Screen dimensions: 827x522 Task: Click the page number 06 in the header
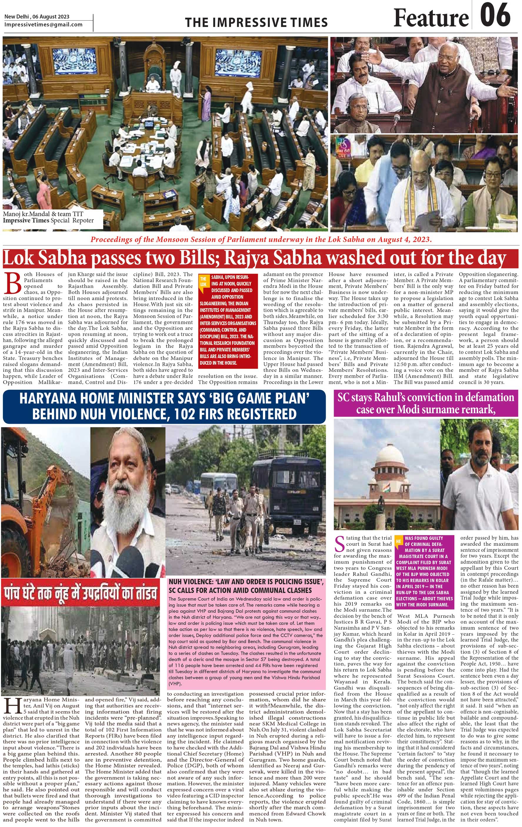[495, 16]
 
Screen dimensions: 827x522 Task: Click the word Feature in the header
[431, 18]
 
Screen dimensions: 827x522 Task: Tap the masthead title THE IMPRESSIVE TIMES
[256, 23]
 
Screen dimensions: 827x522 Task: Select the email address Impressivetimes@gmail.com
[44, 24]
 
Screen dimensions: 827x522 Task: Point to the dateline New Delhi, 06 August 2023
[37, 16]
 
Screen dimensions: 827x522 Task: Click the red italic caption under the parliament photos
[261, 239]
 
